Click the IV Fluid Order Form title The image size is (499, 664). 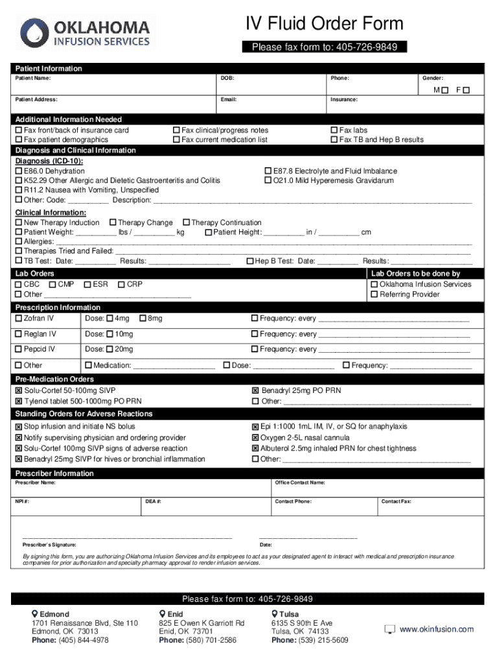tap(324, 24)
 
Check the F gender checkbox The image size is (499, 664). tap(466, 90)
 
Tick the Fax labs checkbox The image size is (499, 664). tap(334, 130)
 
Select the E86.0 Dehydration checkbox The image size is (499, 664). tap(19, 171)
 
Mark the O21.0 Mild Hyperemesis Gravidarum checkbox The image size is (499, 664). tap(268, 181)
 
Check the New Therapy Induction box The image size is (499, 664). tap(19, 223)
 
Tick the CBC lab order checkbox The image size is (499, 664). tap(19, 285)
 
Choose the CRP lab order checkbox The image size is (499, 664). tap(121, 285)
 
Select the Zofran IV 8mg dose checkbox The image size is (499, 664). tap(143, 318)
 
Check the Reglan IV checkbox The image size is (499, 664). tap(19, 335)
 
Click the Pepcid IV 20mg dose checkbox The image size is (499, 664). tap(110, 350)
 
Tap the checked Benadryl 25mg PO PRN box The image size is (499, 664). tap(255, 391)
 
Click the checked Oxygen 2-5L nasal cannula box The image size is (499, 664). tap(255, 438)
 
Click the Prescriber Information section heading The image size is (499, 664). tap(54, 473)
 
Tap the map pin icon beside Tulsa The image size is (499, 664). tap(275, 614)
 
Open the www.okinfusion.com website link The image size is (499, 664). tap(436, 629)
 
